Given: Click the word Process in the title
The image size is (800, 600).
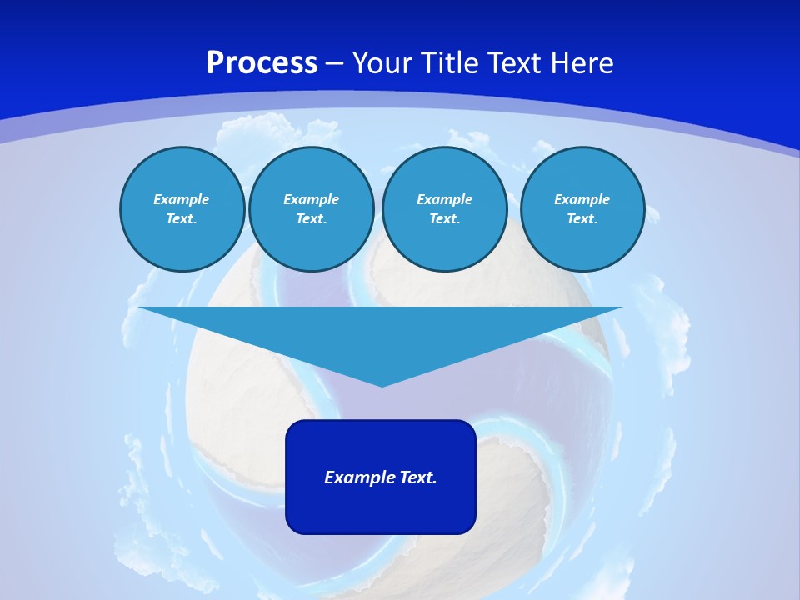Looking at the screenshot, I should [x=262, y=63].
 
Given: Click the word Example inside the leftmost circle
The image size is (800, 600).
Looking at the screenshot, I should [x=182, y=199].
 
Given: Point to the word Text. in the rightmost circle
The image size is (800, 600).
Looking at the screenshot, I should [x=582, y=218].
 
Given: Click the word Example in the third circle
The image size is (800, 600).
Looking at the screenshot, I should [x=445, y=199].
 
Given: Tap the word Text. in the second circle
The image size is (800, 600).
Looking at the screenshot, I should [x=312, y=218].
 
